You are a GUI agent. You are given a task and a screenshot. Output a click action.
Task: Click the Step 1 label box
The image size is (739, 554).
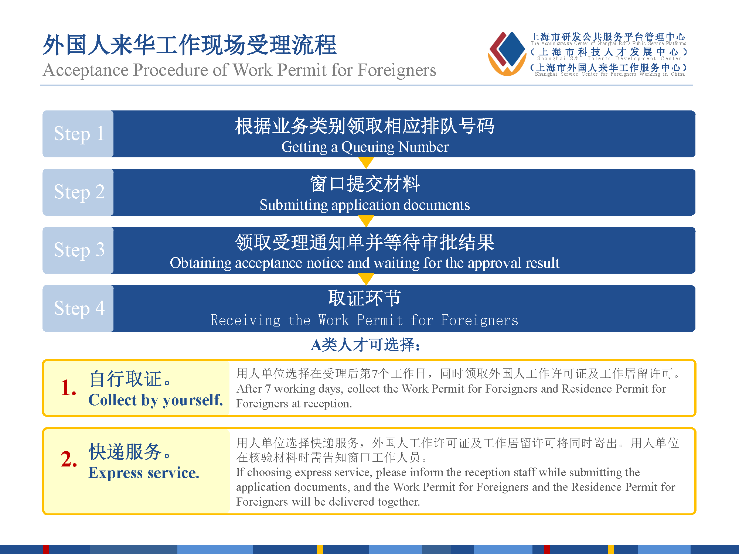coord(78,134)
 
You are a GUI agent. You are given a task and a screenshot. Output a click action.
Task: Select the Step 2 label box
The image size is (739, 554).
coord(78,192)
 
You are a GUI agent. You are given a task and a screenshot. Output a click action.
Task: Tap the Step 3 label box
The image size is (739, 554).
coord(78,250)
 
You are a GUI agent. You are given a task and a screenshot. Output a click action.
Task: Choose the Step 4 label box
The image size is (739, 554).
coord(78,308)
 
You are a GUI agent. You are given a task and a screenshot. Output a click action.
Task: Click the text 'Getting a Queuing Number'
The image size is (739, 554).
coord(365,147)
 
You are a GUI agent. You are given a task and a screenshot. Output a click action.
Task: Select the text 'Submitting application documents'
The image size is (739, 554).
coord(365,205)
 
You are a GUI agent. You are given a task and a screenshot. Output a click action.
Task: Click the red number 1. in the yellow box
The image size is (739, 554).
coord(69,387)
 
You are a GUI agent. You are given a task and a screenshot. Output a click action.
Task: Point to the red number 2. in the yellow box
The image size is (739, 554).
coord(69,459)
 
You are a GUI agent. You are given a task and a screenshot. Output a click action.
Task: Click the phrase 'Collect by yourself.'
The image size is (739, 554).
coord(156,400)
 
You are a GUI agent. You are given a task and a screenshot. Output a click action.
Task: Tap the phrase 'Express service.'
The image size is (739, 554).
coord(144,473)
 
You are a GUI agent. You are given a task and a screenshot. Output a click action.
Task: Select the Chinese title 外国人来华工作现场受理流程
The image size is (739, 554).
coord(190,45)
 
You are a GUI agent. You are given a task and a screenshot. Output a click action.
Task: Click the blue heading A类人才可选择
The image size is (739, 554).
coord(365,345)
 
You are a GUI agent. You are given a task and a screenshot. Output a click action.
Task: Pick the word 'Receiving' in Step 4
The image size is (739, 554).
coord(246,320)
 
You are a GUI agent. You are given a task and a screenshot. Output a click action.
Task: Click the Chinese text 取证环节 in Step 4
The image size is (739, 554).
coord(365,298)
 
